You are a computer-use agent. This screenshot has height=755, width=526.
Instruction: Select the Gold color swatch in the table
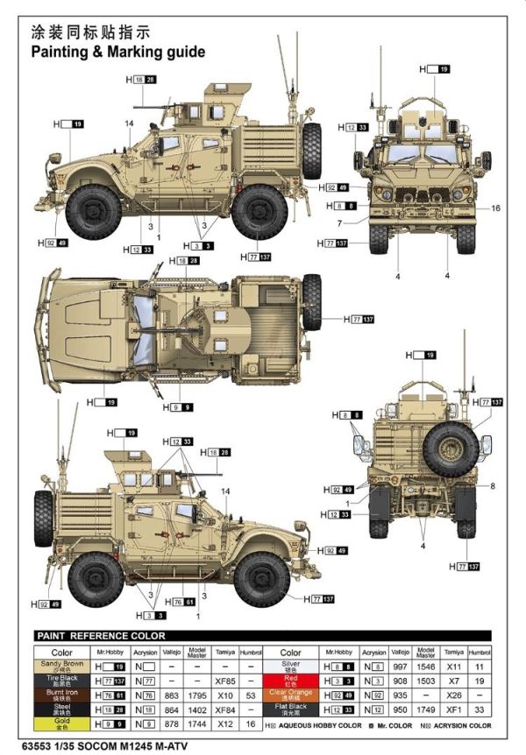(x=61, y=724)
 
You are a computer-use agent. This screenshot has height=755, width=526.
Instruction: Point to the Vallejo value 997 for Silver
(x=401, y=667)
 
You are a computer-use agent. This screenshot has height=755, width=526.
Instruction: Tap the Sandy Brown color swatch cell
(x=61, y=667)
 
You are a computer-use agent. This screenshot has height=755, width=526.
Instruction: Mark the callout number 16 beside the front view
(x=495, y=208)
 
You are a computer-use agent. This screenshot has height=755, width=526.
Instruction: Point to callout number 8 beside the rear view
(x=494, y=486)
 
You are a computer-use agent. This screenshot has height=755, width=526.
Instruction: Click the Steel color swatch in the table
(x=61, y=709)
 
